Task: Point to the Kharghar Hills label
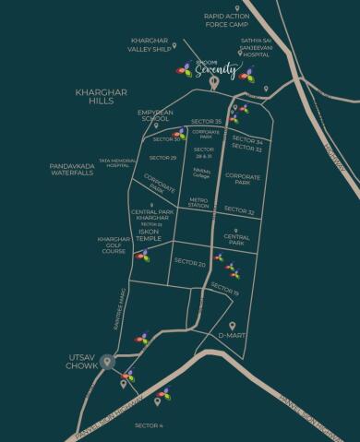point(95,98)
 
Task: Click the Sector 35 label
point(206,122)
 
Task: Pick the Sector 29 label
point(162,158)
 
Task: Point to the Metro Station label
point(198,202)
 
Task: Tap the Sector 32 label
point(239,211)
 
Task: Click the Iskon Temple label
point(149,234)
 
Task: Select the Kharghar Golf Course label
point(114,245)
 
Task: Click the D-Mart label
point(231,337)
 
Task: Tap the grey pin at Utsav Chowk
point(108,361)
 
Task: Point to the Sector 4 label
point(149,425)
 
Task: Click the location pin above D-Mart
point(232,325)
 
